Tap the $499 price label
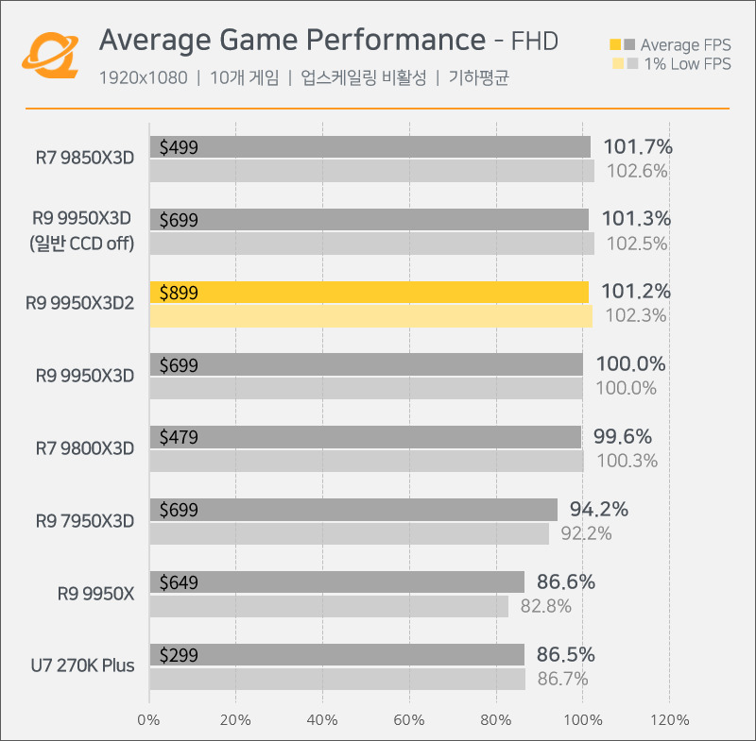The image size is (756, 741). pos(179,147)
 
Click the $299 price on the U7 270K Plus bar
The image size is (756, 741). pos(179,655)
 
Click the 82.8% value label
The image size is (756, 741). pos(545,606)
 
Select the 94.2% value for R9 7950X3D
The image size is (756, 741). pos(599,510)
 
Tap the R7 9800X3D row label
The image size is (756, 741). pos(85,447)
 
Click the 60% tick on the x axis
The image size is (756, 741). pos(409,720)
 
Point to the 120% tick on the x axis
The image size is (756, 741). pos(669,720)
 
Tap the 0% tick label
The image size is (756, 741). pos(149,720)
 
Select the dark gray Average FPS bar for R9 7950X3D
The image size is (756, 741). pos(353,510)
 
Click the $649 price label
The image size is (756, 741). pos(179,582)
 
